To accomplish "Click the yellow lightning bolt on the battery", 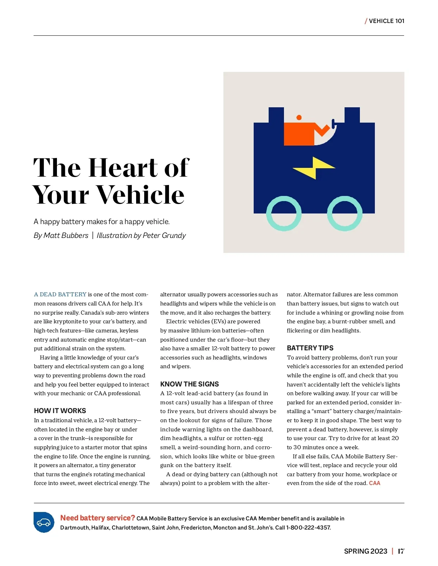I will [314, 168].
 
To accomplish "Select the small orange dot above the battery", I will [299, 118].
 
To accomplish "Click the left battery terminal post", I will [276, 115].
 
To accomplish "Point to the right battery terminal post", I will [352, 115].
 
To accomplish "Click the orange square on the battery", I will [299, 134].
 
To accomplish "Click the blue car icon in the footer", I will [44, 522].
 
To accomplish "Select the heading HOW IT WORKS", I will [60, 411].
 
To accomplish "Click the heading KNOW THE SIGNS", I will [189, 384].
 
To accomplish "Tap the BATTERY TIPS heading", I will [310, 348].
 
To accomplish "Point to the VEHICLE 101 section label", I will [386, 21].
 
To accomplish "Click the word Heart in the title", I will [123, 168].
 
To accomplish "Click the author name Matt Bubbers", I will [66, 235].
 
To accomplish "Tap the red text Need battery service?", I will [97, 518].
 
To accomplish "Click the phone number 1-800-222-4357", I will [308, 528].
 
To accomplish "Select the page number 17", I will [401, 551].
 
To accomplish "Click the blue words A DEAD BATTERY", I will [60, 294].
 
